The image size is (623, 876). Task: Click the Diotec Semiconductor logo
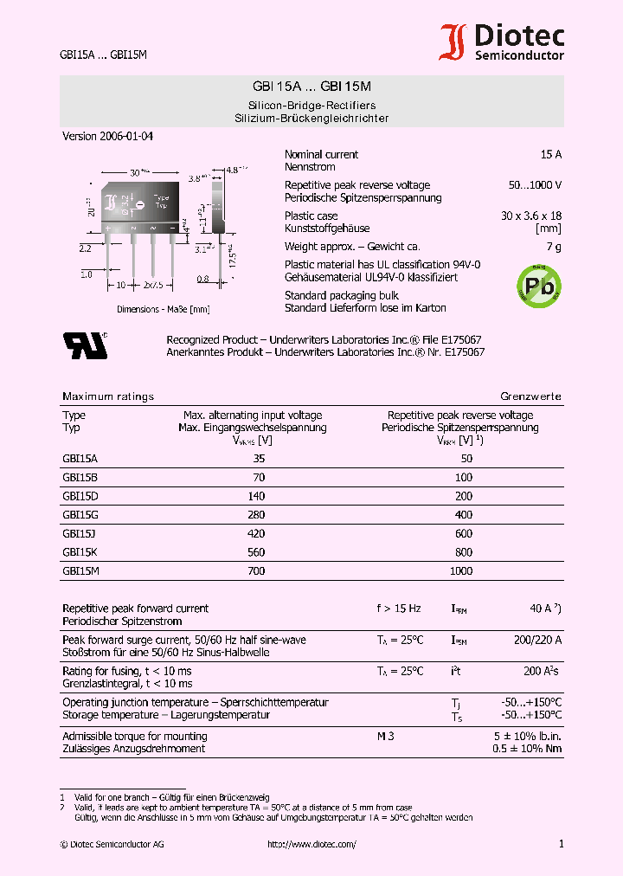[x=502, y=42]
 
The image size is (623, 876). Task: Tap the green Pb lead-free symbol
[x=538, y=282]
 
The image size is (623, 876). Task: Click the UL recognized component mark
[x=85, y=345]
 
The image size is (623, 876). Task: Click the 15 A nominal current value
[x=551, y=154]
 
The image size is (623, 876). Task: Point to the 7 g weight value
[x=554, y=248]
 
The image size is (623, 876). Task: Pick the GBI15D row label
[x=80, y=497]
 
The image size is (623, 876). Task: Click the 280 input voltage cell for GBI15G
[x=255, y=516]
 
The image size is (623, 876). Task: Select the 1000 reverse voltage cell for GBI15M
[x=461, y=571]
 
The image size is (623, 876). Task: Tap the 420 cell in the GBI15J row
[x=255, y=534]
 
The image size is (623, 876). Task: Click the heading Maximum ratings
[x=108, y=396]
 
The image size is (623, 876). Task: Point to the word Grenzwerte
[x=530, y=396]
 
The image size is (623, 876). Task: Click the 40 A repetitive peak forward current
[x=544, y=609]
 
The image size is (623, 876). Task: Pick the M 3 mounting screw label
[x=385, y=737]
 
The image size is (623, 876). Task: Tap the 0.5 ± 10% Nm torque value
[x=527, y=749]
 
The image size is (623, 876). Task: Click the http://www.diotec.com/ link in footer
[x=311, y=844]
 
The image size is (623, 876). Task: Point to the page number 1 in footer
[x=561, y=844]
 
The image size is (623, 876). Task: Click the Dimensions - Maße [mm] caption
[x=164, y=309]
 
